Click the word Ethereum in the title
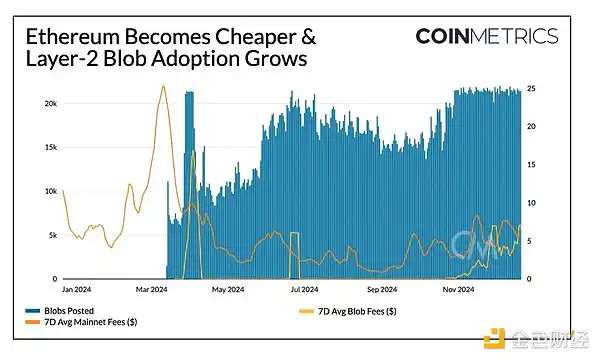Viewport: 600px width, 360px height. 69,38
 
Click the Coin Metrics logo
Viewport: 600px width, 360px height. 488,37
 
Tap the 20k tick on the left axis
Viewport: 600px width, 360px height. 48,103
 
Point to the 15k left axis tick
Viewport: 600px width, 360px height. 48,147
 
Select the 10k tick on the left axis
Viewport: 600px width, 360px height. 48,191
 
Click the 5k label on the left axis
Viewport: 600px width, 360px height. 50,235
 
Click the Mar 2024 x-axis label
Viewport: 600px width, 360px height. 154,289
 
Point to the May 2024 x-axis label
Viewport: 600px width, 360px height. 229,289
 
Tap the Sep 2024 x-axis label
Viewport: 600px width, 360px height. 383,289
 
